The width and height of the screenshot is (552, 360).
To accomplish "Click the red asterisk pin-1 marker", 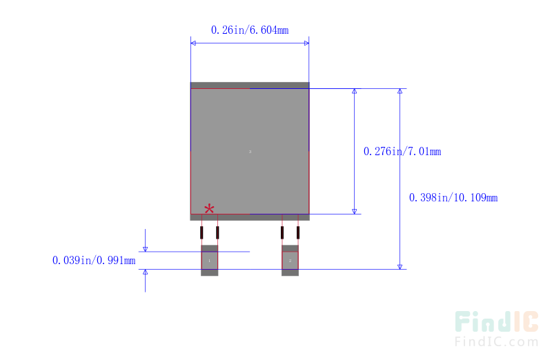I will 209,208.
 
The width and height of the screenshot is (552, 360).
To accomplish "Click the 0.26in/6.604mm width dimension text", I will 250,30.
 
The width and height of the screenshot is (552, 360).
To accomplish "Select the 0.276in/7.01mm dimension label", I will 402,151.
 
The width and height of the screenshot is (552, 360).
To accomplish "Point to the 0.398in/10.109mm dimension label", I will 453,197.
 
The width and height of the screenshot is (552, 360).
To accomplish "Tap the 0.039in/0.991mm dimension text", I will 94,260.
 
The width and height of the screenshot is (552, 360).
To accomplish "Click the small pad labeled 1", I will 209,261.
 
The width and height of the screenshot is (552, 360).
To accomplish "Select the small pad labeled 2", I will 290,261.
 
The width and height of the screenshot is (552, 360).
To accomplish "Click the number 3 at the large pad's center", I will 250,151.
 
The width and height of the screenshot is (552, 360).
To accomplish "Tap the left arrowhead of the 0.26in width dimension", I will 193,43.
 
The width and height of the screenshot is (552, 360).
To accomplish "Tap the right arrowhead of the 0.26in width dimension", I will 306,43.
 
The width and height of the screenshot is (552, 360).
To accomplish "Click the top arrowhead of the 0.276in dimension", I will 355,91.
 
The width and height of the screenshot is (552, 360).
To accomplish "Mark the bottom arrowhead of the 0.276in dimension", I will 355,211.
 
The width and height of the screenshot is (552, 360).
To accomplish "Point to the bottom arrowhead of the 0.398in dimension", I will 400,266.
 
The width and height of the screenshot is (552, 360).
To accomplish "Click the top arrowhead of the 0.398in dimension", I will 400,91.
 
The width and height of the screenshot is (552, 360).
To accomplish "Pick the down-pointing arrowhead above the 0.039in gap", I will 145,249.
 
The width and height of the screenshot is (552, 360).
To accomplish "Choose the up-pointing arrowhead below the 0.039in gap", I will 145,272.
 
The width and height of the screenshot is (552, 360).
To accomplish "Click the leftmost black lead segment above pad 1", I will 201,232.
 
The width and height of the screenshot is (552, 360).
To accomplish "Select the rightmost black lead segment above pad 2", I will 298,232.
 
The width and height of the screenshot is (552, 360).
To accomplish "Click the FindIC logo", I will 496,322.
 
